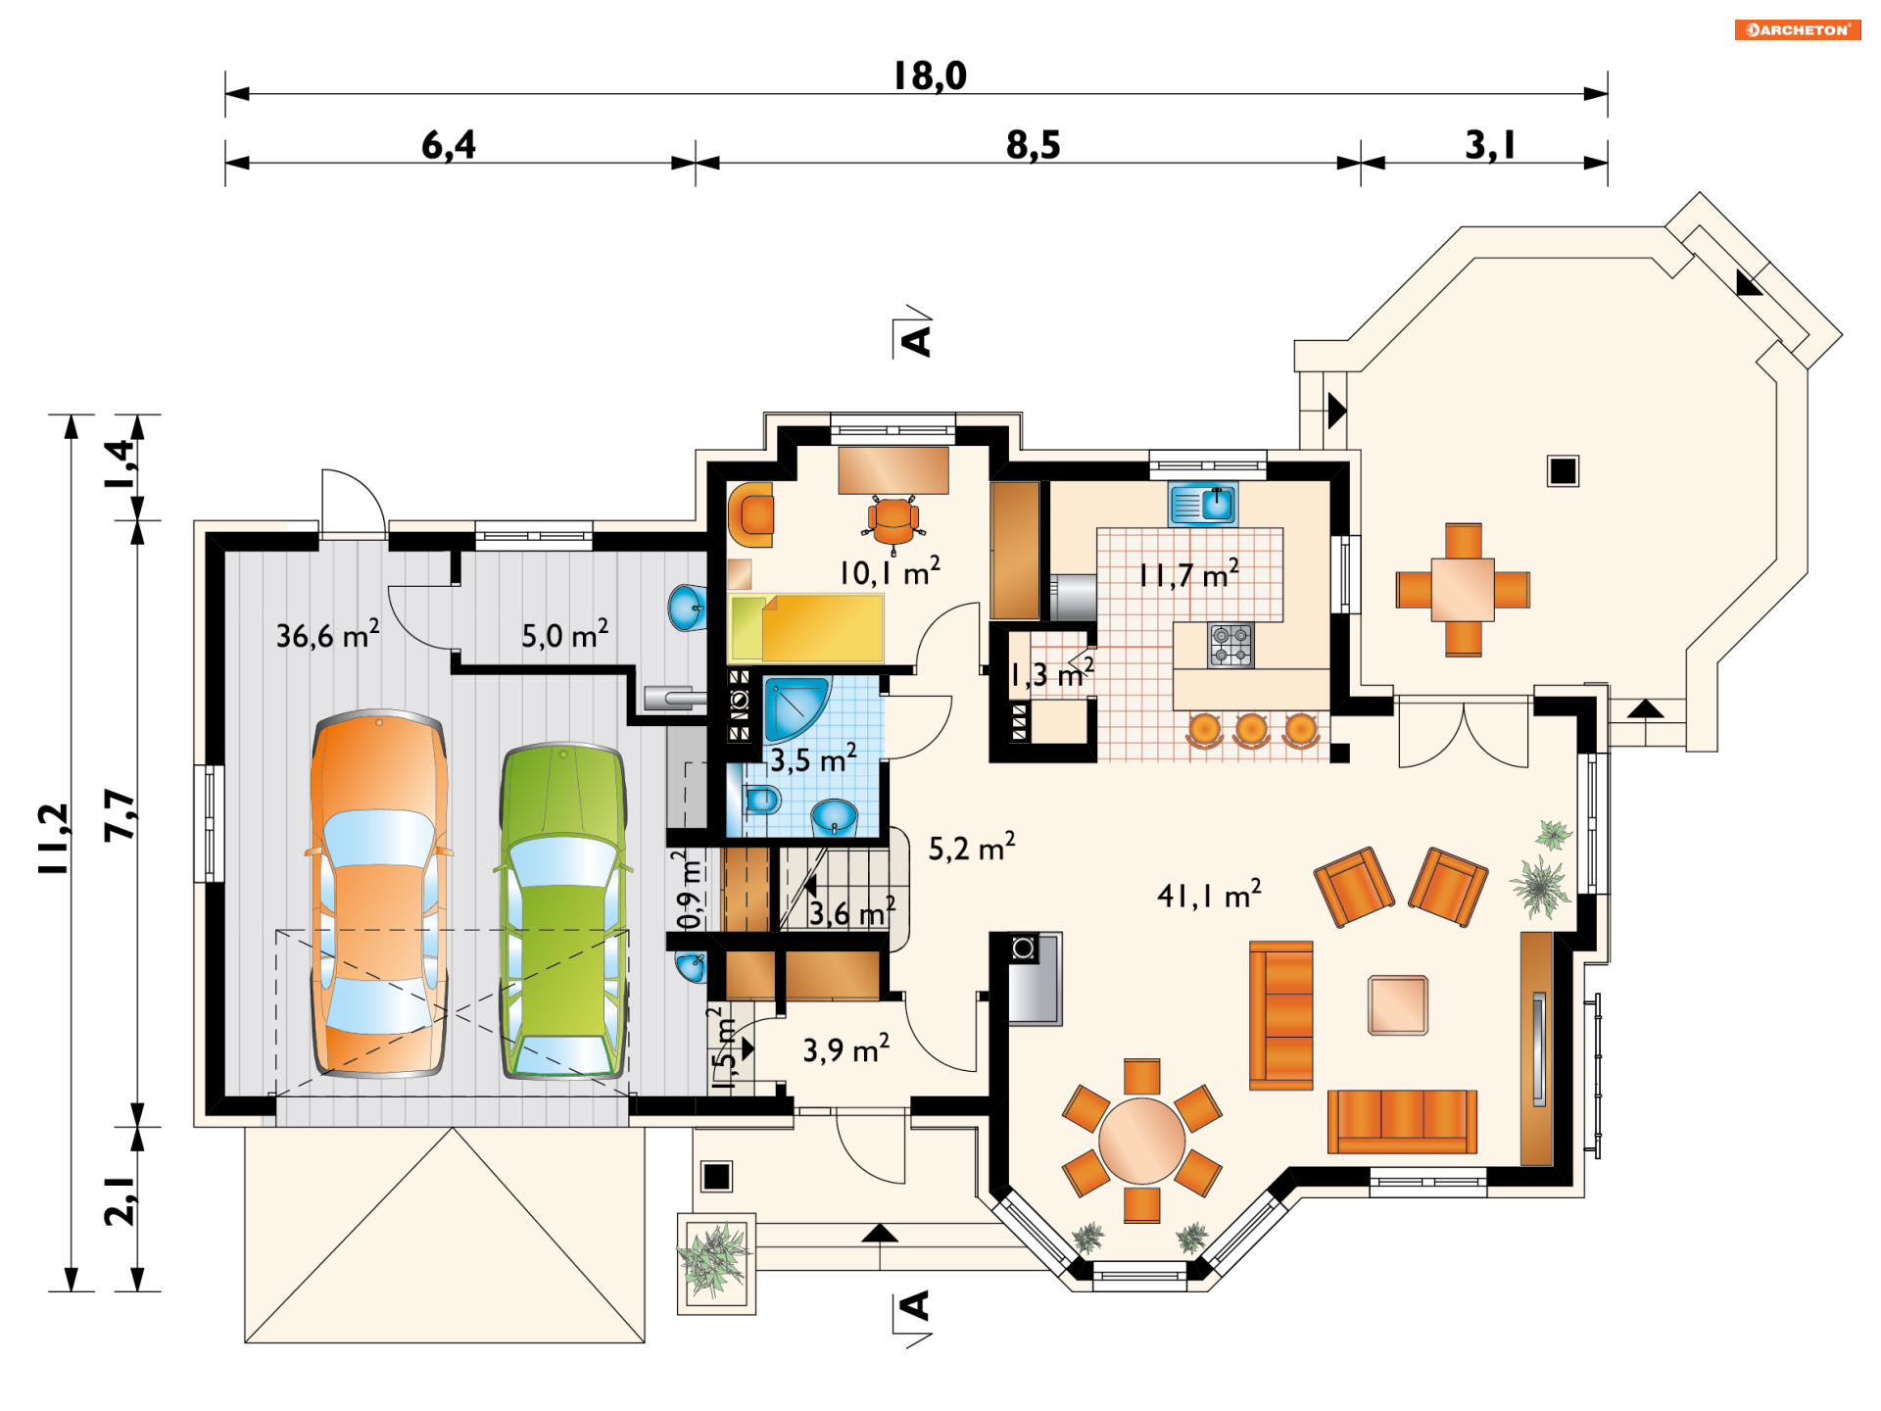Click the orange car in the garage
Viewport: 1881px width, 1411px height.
tap(379, 894)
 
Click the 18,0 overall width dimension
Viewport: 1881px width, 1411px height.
tap(930, 75)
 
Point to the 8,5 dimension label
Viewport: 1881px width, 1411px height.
tap(1034, 145)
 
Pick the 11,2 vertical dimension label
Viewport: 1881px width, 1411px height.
tap(54, 839)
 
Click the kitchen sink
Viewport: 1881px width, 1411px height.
tap(1203, 505)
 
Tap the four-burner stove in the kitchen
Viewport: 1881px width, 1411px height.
tap(1230, 645)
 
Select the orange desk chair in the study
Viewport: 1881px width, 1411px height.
tap(893, 521)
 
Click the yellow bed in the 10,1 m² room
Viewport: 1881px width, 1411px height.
tap(806, 628)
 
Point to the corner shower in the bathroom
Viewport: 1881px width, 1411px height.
tap(796, 707)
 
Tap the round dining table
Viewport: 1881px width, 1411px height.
tap(1142, 1141)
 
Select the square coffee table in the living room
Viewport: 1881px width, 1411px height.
tap(1398, 1005)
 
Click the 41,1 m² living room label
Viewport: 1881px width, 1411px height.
tap(1209, 894)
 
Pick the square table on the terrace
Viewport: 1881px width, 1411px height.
tap(1463, 589)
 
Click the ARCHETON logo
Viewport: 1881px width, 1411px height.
tap(1798, 30)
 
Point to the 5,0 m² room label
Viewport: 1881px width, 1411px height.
tap(564, 634)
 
